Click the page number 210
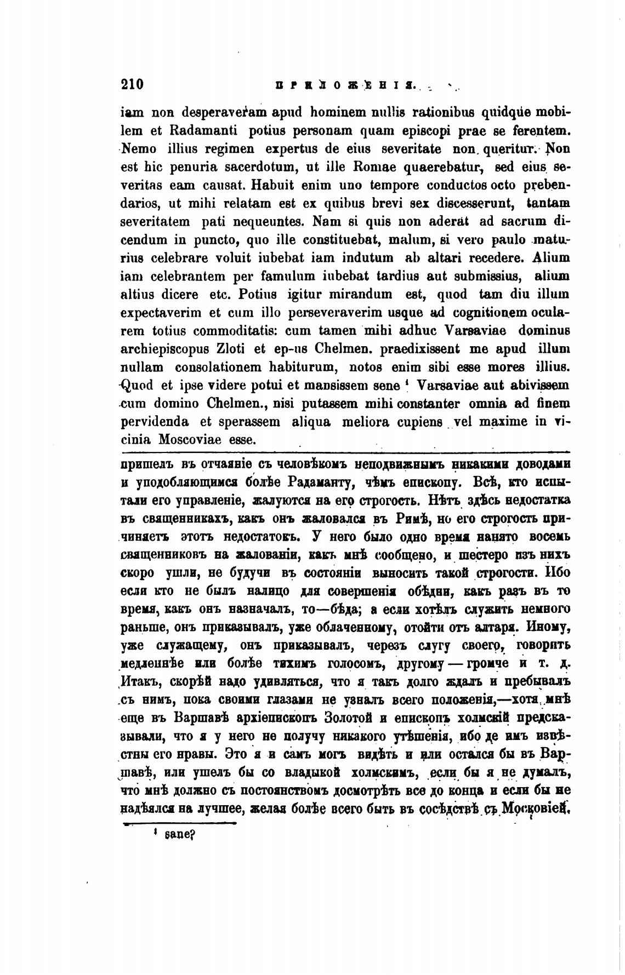pos(132,85)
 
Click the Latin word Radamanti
pos(193,132)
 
